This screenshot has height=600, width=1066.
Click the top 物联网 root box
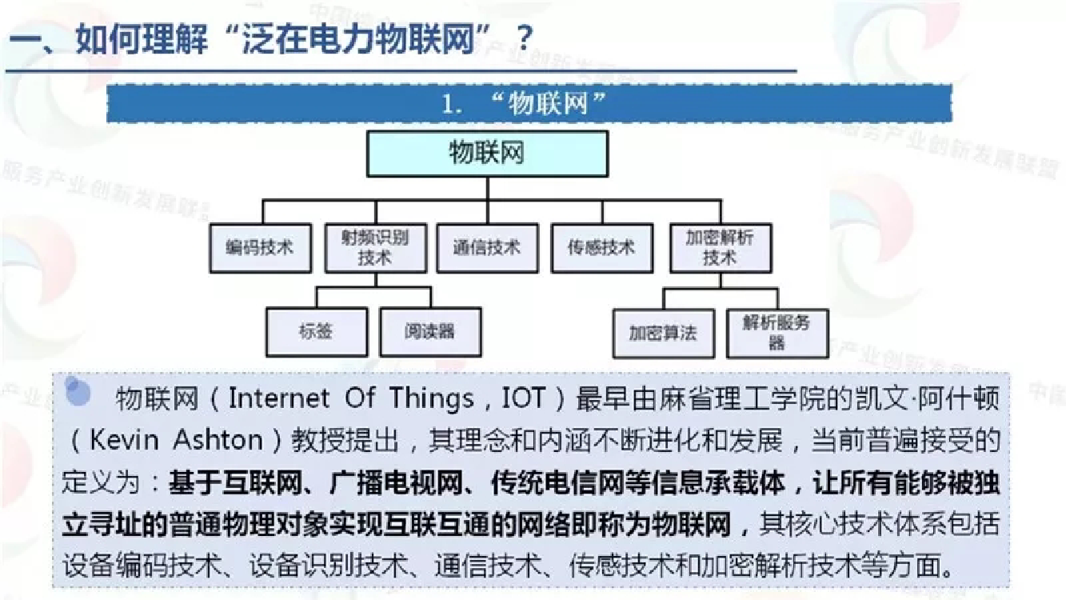click(487, 154)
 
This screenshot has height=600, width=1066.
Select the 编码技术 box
click(261, 248)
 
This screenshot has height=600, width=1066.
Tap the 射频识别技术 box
click(376, 248)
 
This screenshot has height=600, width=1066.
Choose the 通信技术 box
click(487, 248)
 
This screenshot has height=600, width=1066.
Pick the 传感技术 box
click(602, 248)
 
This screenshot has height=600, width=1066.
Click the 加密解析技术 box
click(721, 248)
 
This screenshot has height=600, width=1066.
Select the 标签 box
click(317, 332)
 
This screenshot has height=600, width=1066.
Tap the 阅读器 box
click(431, 332)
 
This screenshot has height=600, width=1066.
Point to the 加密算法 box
click(664, 334)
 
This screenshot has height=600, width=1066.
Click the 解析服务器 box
click(777, 334)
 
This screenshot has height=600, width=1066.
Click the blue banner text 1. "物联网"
click(524, 103)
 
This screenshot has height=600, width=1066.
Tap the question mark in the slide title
click(524, 38)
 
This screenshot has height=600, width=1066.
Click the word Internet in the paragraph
click(279, 398)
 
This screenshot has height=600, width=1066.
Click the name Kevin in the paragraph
click(124, 440)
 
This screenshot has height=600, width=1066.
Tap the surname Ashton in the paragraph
click(218, 440)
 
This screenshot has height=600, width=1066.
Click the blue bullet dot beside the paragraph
click(78, 391)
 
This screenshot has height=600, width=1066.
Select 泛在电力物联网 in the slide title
click(359, 38)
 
